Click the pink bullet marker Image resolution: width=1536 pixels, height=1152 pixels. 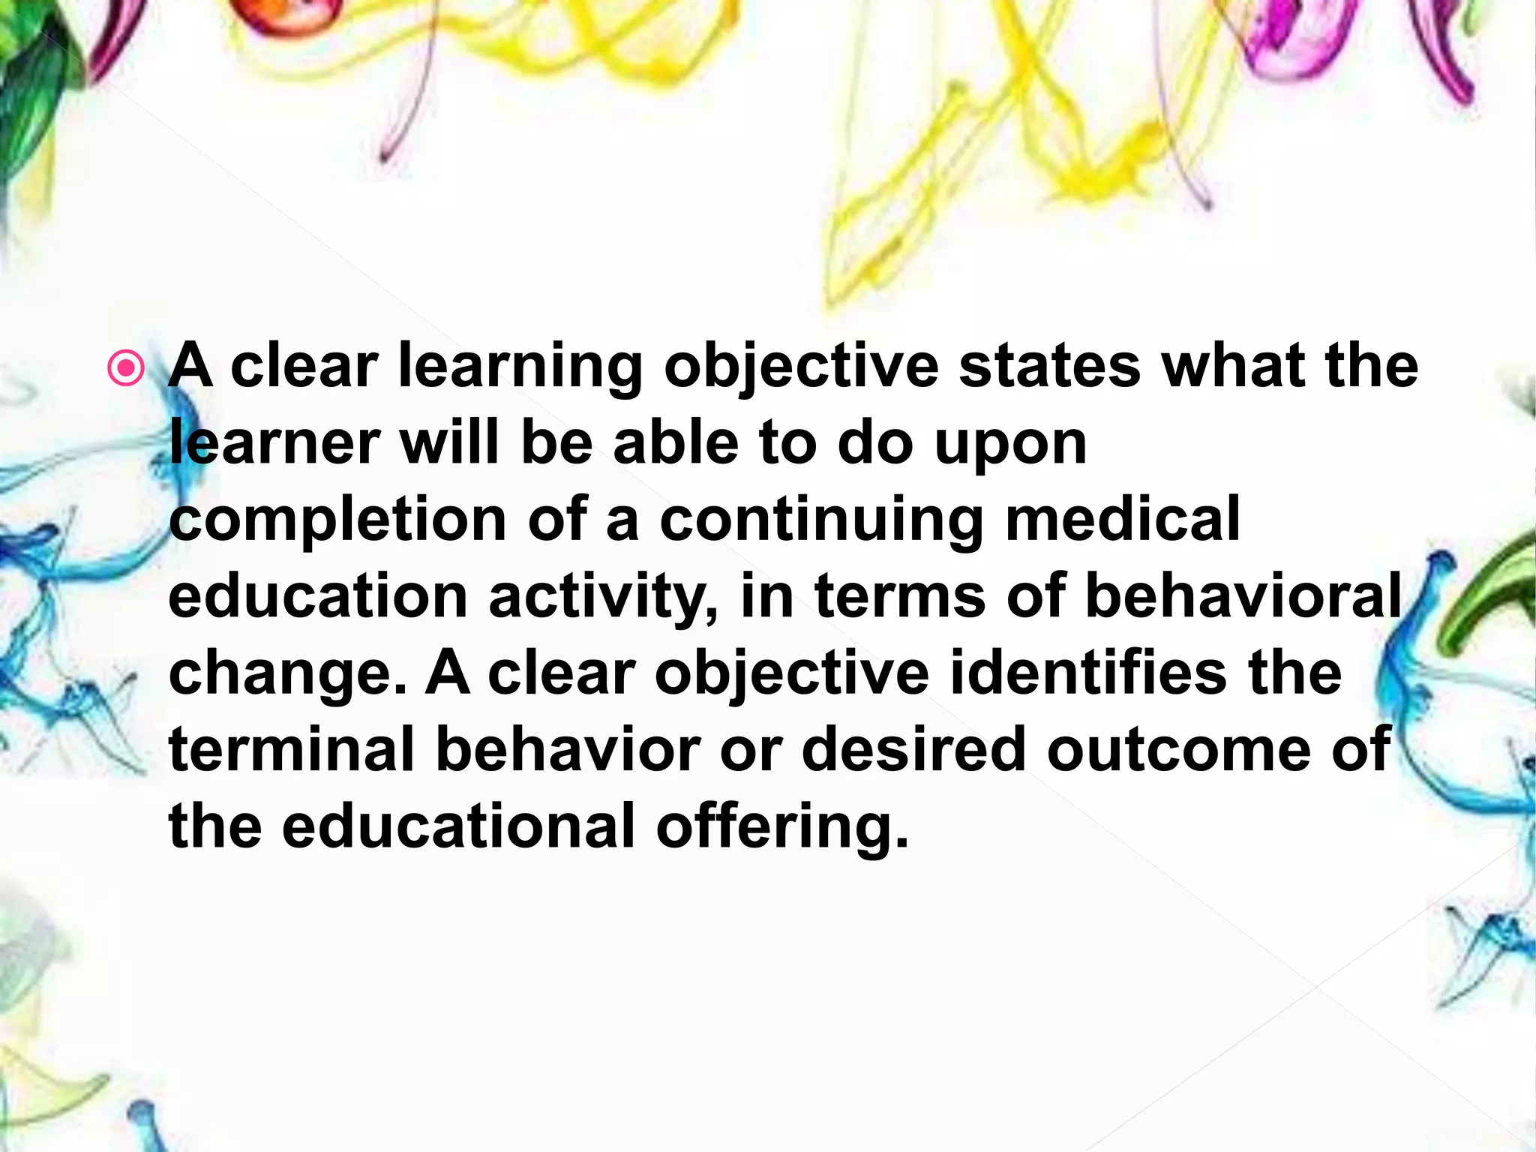click(x=125, y=368)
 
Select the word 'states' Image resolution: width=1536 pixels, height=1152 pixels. click(x=1049, y=366)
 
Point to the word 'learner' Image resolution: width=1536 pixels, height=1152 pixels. click(x=274, y=444)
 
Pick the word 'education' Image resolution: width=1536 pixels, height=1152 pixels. click(x=319, y=597)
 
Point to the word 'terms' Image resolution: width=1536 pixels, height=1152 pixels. click(x=900, y=597)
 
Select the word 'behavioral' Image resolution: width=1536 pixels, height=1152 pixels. click(x=1243, y=597)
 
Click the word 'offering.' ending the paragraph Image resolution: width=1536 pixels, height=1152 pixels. click(x=782, y=828)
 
